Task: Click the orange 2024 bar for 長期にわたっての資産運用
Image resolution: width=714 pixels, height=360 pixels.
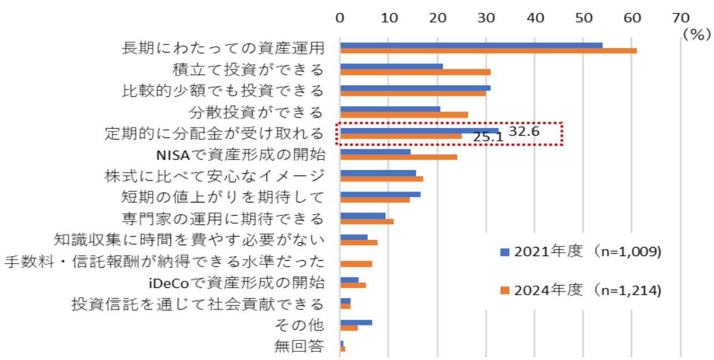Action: coord(488,51)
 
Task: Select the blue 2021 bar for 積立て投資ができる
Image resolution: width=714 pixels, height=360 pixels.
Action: coord(392,66)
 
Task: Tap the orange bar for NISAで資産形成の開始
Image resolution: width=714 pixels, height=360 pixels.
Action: coord(399,157)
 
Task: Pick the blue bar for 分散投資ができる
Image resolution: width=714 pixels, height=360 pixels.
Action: coord(390,108)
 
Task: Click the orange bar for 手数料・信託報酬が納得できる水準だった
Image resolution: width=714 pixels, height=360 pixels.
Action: coord(356,264)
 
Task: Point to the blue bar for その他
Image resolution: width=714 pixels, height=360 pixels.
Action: coord(356,322)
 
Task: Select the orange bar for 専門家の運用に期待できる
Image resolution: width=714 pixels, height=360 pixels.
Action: coord(367,222)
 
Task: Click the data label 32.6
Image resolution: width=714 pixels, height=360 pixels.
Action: coord(524,131)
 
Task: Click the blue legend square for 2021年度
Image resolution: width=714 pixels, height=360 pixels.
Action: coord(505,252)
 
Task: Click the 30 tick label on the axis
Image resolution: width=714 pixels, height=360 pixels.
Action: coord(487,17)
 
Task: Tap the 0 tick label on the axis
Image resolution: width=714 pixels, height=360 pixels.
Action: coord(340,17)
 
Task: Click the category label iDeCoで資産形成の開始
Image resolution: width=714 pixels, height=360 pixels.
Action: coord(235,283)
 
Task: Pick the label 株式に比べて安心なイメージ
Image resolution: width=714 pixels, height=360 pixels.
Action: coord(214,175)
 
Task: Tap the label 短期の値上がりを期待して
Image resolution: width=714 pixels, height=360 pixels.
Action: coord(223,197)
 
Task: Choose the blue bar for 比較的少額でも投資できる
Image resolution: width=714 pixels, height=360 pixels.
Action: coord(415,88)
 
